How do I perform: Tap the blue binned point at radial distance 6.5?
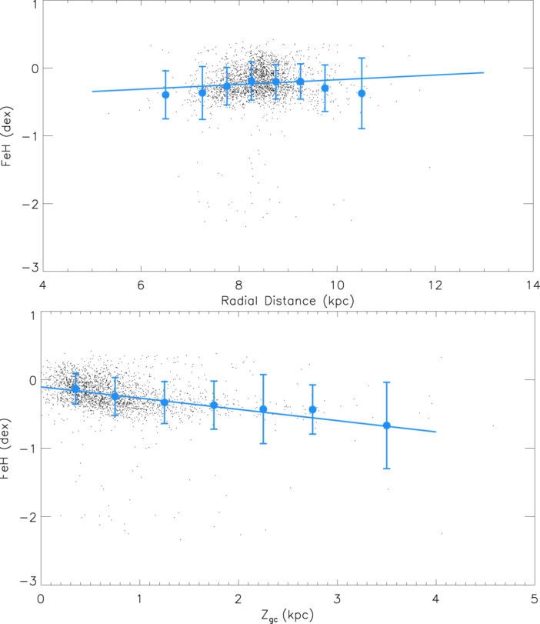tap(165, 95)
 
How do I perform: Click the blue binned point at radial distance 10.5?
tap(362, 93)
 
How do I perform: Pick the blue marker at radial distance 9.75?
tap(325, 88)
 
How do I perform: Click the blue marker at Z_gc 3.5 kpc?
tap(387, 425)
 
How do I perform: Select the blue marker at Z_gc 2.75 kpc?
tap(312, 409)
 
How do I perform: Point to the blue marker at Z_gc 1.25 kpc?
tap(164, 402)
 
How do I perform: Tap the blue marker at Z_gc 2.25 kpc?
tap(263, 409)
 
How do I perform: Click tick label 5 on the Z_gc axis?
tap(534, 597)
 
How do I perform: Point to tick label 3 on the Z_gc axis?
tap(337, 597)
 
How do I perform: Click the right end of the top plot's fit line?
tap(484, 72)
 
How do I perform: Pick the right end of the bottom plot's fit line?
tap(436, 432)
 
